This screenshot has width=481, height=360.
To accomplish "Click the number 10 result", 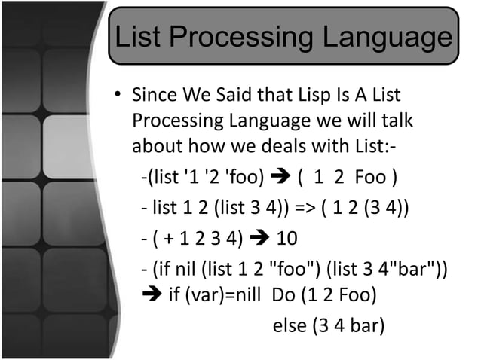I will point(287,239).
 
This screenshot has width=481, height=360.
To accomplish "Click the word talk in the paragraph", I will point(397,121).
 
